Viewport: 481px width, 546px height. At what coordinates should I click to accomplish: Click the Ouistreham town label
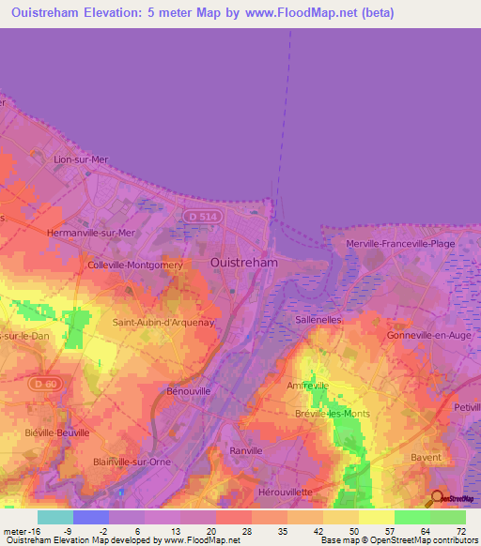pyautogui.click(x=244, y=263)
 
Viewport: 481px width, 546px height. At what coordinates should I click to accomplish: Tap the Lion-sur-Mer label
pyautogui.click(x=82, y=159)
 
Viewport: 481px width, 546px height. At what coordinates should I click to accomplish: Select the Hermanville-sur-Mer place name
pyautogui.click(x=91, y=232)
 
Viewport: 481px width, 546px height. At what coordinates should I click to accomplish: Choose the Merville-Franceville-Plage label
pyautogui.click(x=401, y=244)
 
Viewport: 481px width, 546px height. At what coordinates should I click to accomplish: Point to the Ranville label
pyautogui.click(x=247, y=450)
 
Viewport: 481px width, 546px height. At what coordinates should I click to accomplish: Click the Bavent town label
pyautogui.click(x=426, y=457)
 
